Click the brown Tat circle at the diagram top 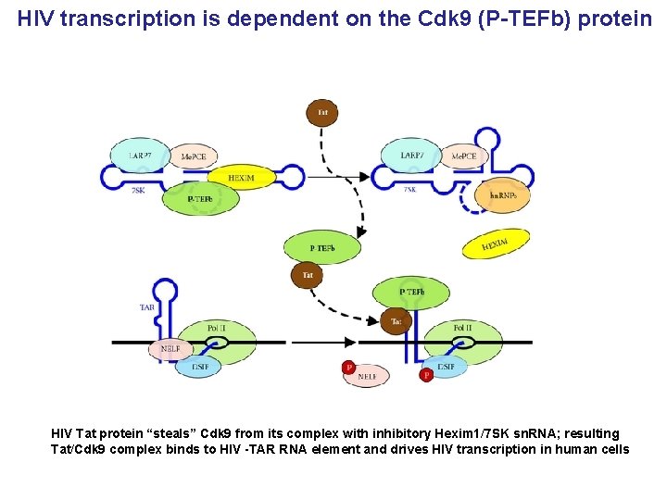tap(322, 113)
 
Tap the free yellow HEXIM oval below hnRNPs tap(495, 244)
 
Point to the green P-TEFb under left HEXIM tap(200, 198)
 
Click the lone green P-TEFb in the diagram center tap(321, 247)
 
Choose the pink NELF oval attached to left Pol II tap(170, 348)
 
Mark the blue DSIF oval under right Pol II tap(446, 367)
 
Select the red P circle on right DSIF tap(426, 375)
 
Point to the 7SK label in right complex tap(409, 189)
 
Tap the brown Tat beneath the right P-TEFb tap(396, 321)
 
